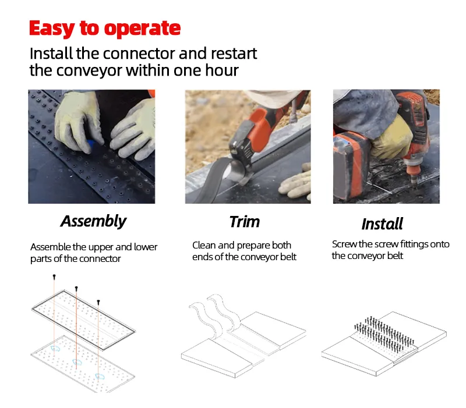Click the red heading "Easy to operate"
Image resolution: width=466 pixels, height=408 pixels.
pyautogui.click(x=105, y=29)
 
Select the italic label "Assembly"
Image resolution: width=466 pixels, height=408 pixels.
pyautogui.click(x=94, y=222)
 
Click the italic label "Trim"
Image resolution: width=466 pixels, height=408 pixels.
pyautogui.click(x=245, y=222)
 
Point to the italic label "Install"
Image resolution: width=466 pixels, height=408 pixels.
pyautogui.click(x=382, y=224)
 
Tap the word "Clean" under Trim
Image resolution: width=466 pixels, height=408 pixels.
pyautogui.click(x=203, y=245)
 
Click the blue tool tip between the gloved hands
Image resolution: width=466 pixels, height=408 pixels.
pyautogui.click(x=90, y=144)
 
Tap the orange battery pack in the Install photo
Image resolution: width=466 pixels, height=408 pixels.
pyautogui.click(x=351, y=165)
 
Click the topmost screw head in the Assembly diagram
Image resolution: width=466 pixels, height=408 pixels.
pyautogui.click(x=54, y=276)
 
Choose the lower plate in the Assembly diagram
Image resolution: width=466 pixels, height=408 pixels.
pyautogui.click(x=83, y=364)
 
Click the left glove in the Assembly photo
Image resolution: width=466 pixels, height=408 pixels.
pyautogui.click(x=78, y=122)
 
